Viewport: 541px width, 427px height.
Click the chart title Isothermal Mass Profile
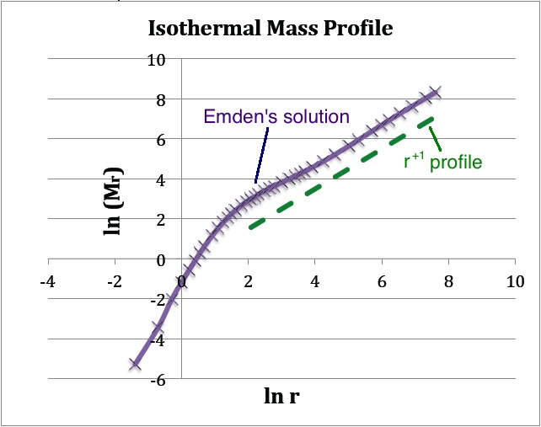click(270, 28)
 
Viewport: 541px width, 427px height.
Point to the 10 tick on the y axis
click(157, 60)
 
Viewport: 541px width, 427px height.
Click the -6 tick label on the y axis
click(157, 379)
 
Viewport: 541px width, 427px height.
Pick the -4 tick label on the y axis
click(157, 339)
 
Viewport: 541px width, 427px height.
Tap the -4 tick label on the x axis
click(48, 280)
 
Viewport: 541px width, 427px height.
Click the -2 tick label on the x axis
click(114, 280)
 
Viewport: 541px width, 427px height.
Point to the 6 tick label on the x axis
click(381, 280)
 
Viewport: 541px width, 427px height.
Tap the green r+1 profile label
click(440, 161)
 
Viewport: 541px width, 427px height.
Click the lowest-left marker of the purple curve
click(134, 365)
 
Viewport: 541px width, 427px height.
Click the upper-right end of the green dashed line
click(433, 120)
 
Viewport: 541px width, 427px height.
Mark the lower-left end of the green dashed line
click(250, 227)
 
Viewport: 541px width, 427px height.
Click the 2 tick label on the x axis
click(248, 280)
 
